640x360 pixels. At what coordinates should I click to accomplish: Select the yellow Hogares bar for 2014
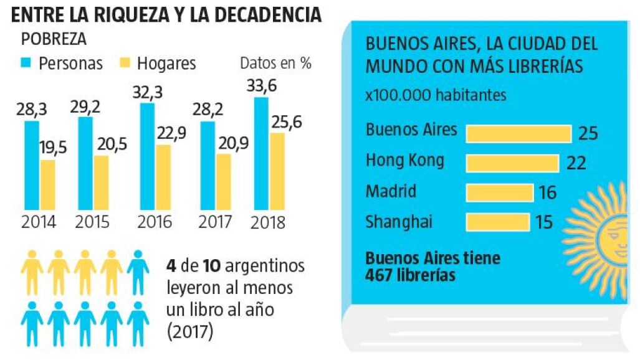click(x=47, y=185)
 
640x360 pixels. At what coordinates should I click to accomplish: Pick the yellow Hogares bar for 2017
click(x=222, y=181)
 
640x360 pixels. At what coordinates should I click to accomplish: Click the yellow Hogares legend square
click(x=125, y=63)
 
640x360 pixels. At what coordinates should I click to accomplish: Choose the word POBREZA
click(x=54, y=39)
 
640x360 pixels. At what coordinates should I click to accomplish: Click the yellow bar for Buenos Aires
click(x=518, y=133)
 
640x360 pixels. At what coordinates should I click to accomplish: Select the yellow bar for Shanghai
click(x=497, y=221)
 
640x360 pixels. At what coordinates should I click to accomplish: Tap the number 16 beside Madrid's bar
click(x=547, y=192)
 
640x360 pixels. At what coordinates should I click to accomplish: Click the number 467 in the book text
click(x=381, y=275)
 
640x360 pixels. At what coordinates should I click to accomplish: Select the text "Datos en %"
click(x=275, y=63)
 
